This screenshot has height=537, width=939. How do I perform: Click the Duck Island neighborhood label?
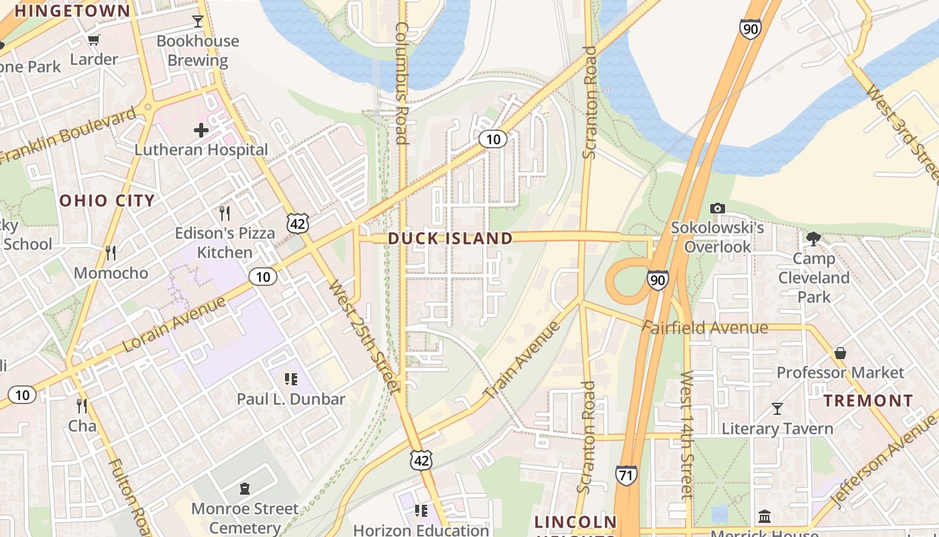point(450,238)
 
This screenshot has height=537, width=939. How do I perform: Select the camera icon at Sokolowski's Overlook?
point(717,208)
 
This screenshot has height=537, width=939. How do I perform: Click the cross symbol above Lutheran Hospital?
point(201,130)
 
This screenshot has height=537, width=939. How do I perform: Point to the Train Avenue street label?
point(521,359)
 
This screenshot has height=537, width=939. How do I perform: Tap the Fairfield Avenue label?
point(705,328)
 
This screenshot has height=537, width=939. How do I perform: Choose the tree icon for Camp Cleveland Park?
point(814,238)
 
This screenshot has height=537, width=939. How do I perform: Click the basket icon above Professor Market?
point(840,352)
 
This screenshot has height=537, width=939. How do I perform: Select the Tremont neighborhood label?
point(868,401)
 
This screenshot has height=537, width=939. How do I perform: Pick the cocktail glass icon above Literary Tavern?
point(777,408)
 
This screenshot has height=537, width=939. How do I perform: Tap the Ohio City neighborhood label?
point(107,200)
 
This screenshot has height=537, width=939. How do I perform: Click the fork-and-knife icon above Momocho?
point(111,253)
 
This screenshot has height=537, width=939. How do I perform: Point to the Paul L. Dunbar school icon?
point(290,379)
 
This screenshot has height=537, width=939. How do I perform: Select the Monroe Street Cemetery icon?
point(245,489)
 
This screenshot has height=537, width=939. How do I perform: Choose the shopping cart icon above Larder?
point(94,40)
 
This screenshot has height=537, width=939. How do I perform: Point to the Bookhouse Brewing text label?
point(198,50)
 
